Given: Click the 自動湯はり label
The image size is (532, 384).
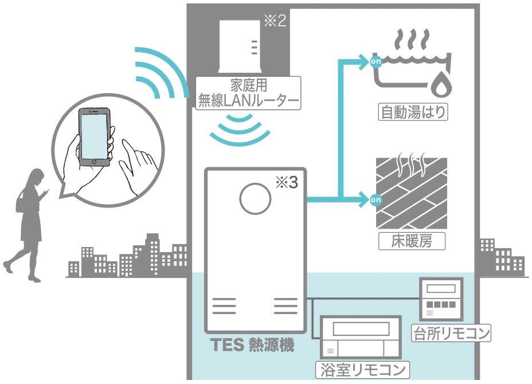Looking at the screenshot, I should point(413,111).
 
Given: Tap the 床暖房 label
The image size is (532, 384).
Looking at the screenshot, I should point(413,241).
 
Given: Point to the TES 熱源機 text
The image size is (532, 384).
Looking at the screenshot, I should point(252,346).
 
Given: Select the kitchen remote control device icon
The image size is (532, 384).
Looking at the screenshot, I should point(440,298).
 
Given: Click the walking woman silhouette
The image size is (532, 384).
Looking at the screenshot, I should point(26,224).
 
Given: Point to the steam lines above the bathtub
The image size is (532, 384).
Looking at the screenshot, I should point(412,41).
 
